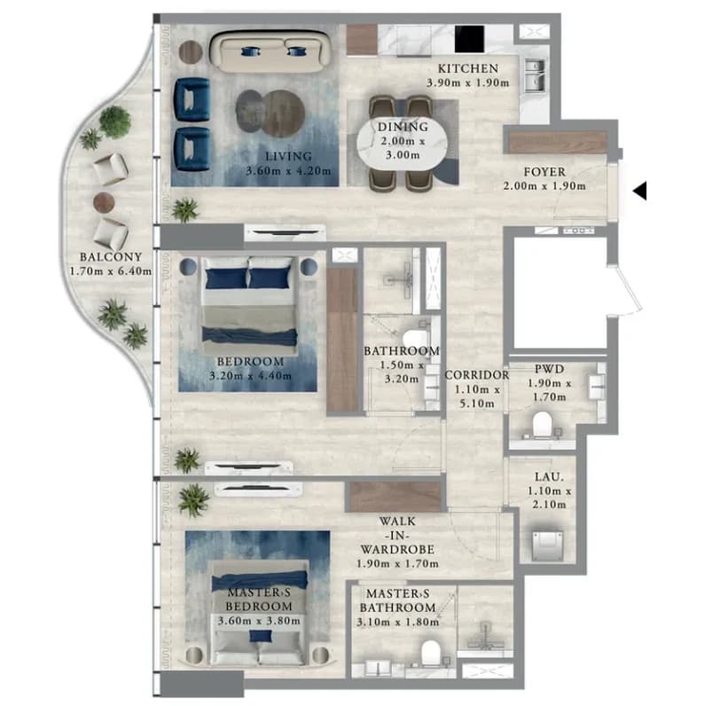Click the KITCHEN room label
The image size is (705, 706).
[467, 68]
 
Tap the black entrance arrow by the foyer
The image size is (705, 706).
[640, 191]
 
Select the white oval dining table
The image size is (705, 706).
[402, 141]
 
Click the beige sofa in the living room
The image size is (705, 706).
[271, 51]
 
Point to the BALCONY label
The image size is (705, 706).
[111, 256]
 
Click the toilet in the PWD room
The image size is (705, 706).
[542, 424]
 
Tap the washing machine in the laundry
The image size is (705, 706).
[547, 545]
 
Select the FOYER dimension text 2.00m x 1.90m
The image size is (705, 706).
[544, 185]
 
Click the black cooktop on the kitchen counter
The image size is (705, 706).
[469, 39]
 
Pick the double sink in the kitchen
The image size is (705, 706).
[536, 75]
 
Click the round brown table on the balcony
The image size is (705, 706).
[104, 202]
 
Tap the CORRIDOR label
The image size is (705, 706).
[477, 374]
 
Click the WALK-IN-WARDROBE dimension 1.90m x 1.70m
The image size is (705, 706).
[397, 563]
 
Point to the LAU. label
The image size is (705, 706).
[549, 476]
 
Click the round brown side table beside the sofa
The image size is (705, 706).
[191, 52]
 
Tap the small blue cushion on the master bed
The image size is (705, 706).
[261, 636]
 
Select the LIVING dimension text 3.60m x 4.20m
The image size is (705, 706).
[288, 170]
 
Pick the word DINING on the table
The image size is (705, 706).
[403, 127]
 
